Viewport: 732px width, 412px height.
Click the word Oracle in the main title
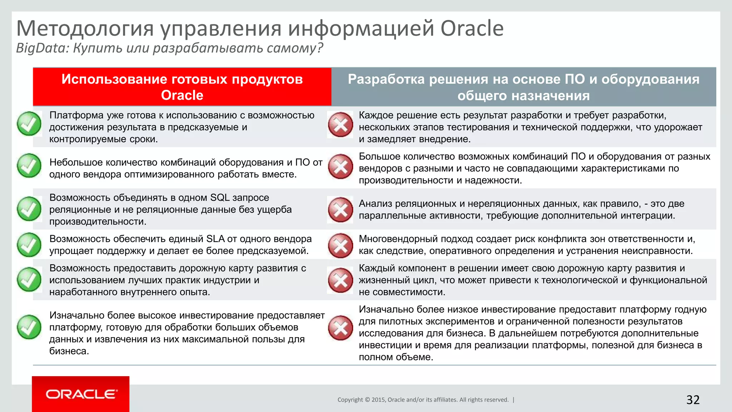tap(472, 29)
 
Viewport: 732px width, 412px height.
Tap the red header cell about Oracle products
tap(182, 87)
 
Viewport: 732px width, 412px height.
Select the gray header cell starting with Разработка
tap(524, 87)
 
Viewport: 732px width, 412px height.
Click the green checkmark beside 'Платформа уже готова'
tap(29, 124)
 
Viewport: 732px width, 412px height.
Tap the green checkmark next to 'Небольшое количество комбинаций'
tap(29, 166)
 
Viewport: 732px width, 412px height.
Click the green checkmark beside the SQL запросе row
tap(29, 209)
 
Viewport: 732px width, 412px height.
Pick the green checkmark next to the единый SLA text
tap(29, 245)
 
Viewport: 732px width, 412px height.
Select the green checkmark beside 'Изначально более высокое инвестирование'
tap(29, 327)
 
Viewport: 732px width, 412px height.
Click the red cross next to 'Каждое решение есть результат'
tap(341, 125)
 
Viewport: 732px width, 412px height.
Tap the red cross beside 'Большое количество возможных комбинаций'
tap(341, 166)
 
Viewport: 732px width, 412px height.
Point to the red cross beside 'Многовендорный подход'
tap(341, 245)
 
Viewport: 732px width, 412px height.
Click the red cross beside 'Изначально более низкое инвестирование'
tap(341, 328)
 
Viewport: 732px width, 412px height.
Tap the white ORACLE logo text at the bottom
tap(81, 394)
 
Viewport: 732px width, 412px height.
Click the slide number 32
tap(693, 400)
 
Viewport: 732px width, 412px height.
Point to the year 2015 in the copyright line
tap(378, 400)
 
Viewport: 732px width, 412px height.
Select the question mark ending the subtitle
tap(320, 48)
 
